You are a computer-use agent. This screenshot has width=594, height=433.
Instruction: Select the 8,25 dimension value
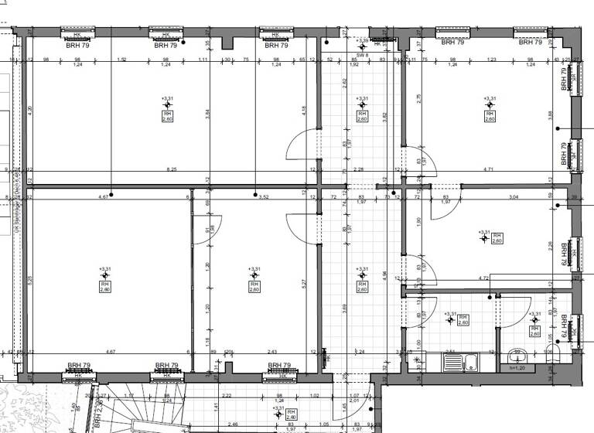click(172, 169)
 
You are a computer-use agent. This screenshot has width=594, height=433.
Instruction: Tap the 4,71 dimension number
click(489, 169)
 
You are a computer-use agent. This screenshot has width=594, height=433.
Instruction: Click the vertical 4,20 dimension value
click(29, 110)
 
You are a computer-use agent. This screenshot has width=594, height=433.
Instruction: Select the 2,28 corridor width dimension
click(358, 169)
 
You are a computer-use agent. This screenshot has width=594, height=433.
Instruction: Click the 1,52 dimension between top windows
click(121, 60)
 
